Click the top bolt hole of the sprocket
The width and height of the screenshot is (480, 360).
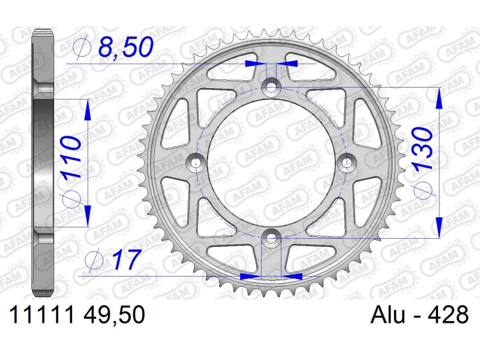(x=272, y=86)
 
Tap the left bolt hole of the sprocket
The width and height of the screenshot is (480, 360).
(x=195, y=162)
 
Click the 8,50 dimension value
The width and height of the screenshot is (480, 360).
(x=125, y=48)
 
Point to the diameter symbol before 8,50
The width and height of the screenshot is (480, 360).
(x=83, y=48)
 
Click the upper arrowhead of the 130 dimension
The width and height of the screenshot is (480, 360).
(x=440, y=98)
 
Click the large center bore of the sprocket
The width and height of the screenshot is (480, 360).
(x=272, y=162)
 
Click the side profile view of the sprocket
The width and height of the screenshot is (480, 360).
(x=43, y=162)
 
